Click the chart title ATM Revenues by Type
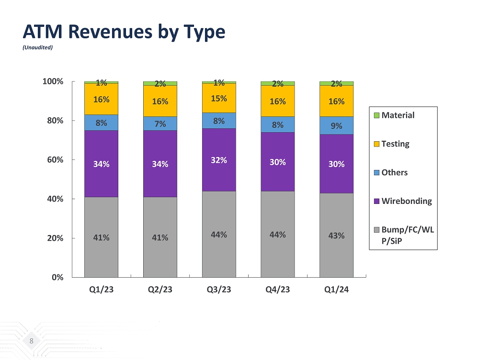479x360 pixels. click(x=124, y=32)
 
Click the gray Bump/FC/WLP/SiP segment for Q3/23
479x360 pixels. click(x=219, y=234)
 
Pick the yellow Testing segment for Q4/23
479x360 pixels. click(x=278, y=101)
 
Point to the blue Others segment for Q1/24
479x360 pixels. click(x=336, y=125)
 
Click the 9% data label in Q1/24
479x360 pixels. click(x=336, y=126)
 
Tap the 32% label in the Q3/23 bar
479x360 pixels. click(x=219, y=160)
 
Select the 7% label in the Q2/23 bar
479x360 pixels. click(x=160, y=124)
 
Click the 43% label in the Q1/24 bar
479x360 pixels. click(x=336, y=236)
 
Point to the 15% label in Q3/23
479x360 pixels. click(x=219, y=98)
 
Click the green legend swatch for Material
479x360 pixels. click(x=376, y=115)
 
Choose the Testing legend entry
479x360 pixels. click(x=395, y=144)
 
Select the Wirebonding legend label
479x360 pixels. click(x=406, y=201)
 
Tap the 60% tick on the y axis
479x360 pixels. click(x=56, y=159)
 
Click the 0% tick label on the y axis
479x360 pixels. click(x=58, y=277)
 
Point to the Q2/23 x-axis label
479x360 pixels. click(x=160, y=291)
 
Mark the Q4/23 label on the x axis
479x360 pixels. click(x=278, y=291)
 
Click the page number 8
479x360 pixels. click(x=32, y=341)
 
